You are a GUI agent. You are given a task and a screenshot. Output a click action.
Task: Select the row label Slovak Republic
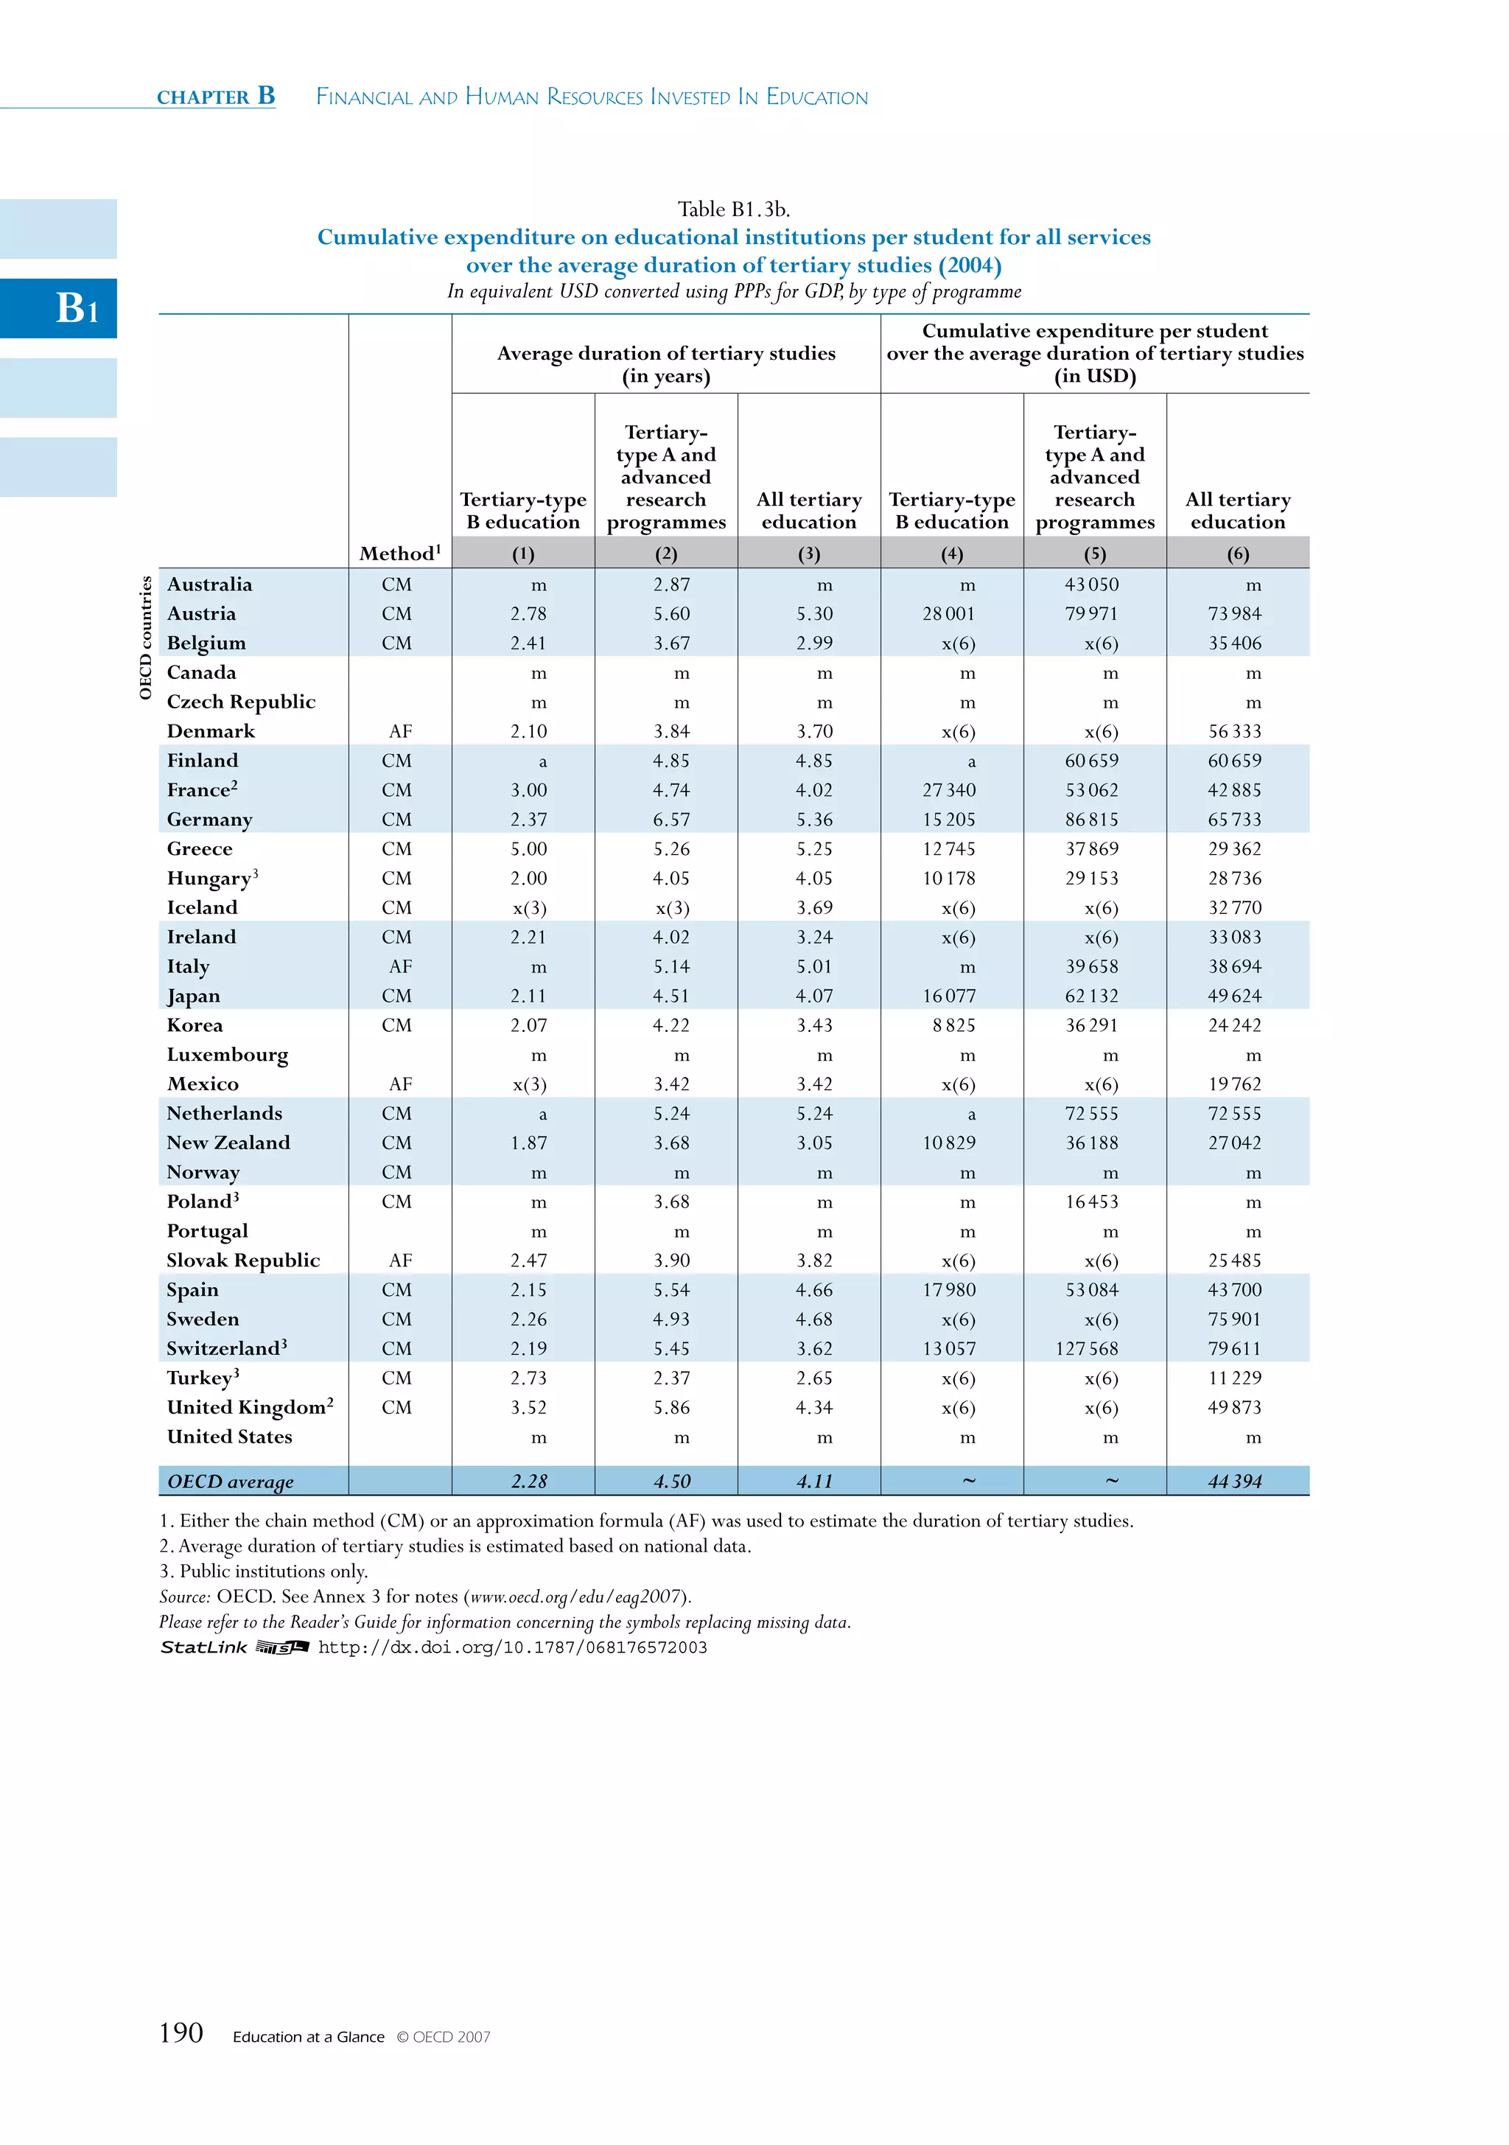(243, 1260)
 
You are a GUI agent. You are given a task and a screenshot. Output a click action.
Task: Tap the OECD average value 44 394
(1234, 1482)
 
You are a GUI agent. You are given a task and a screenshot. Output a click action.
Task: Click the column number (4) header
(951, 554)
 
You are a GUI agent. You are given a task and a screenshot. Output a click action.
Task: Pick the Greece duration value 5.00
(528, 849)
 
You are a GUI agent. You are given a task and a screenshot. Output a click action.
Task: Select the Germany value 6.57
(671, 820)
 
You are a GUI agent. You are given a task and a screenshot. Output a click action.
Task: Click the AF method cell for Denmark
(401, 731)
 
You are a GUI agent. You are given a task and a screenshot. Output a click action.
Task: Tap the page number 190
(181, 2034)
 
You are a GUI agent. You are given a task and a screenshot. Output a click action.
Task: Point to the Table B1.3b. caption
(733, 209)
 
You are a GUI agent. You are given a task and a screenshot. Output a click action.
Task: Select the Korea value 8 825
(953, 1026)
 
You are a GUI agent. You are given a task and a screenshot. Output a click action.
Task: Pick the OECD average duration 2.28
(528, 1482)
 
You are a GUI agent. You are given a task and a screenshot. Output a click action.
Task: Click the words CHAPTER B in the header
(216, 97)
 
